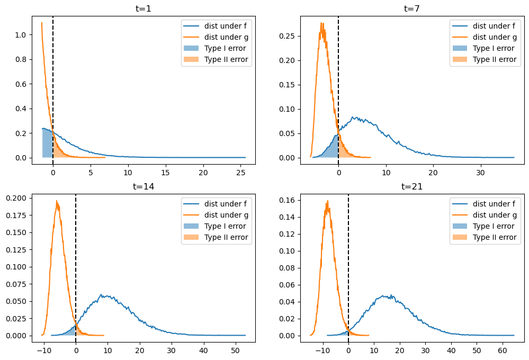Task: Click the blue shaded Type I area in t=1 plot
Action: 47,143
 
